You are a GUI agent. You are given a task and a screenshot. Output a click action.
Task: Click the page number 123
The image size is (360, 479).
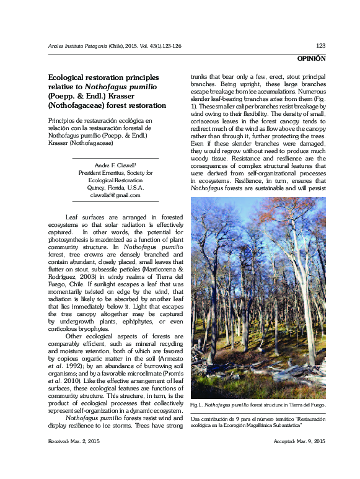click(x=320, y=46)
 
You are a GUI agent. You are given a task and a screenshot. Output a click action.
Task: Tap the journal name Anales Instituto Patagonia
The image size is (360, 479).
click(x=77, y=46)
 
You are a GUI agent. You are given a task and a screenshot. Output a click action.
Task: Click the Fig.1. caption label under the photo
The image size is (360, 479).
click(x=197, y=405)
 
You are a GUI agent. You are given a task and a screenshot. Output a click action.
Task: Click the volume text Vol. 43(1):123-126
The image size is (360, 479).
click(x=166, y=46)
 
